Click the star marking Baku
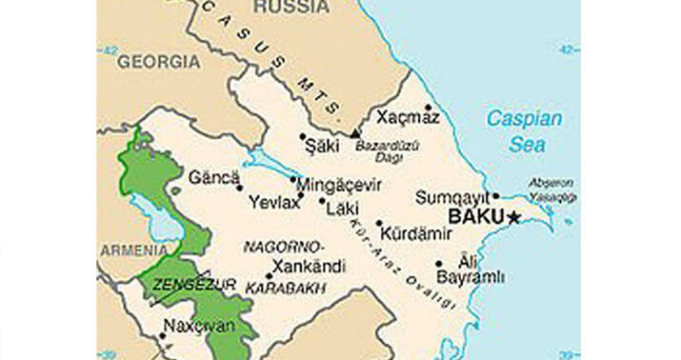pyautogui.click(x=514, y=217)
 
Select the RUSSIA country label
pyautogui.click(x=291, y=8)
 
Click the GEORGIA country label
pyautogui.click(x=159, y=62)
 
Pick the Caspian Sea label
pyautogui.click(x=525, y=131)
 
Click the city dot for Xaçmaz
pyautogui.click(x=429, y=107)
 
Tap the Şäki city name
pyautogui.click(x=320, y=147)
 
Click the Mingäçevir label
pyautogui.click(x=341, y=185)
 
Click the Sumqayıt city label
pyautogui.click(x=451, y=198)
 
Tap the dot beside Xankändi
pyautogui.click(x=269, y=276)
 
